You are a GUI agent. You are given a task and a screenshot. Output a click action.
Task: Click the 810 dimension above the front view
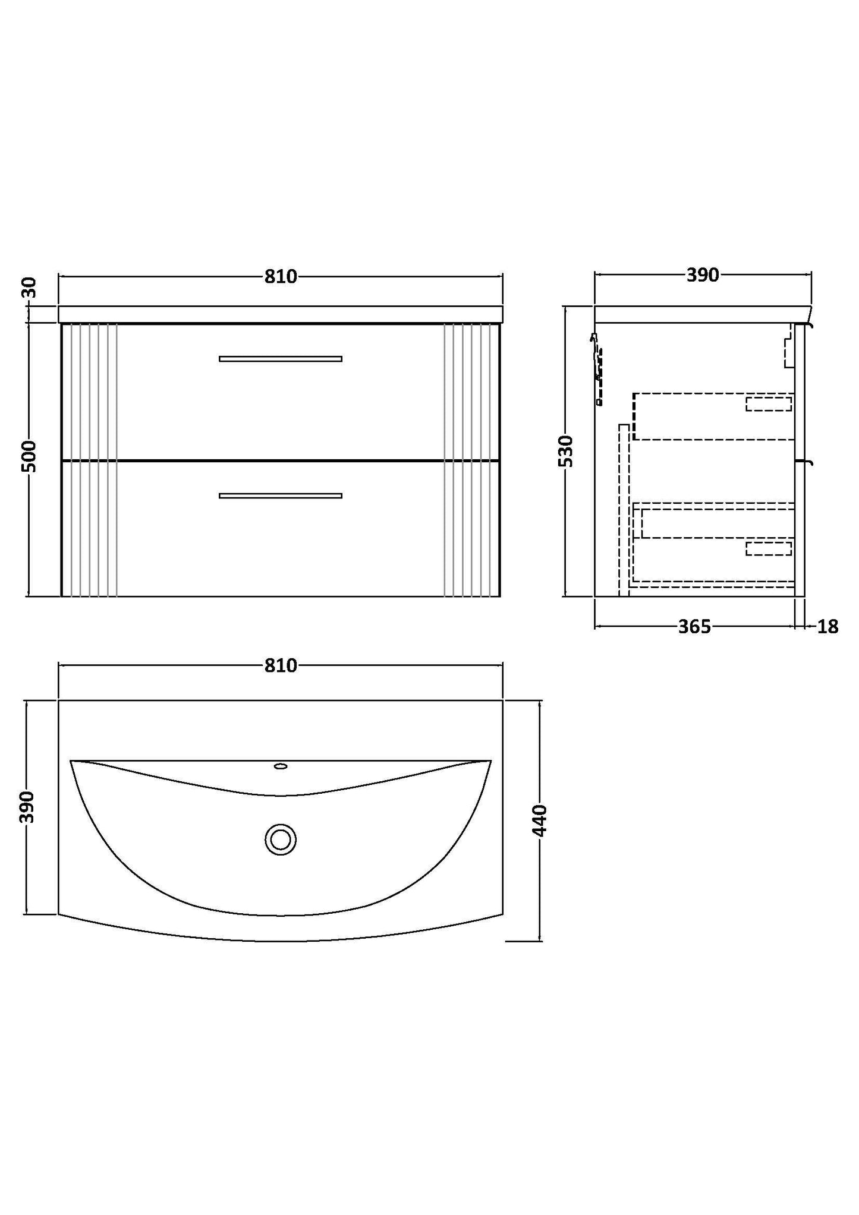coord(280,277)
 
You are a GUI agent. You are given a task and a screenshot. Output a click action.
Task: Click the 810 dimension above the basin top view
coord(280,666)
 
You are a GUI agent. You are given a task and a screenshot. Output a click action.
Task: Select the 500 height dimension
coord(30,456)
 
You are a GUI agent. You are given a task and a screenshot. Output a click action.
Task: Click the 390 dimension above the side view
coord(703,276)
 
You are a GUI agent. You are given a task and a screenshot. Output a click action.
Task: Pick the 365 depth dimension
coord(694,627)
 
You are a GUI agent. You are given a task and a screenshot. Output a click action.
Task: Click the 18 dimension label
coord(827,627)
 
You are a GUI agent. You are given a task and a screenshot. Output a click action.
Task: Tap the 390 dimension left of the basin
coord(27,807)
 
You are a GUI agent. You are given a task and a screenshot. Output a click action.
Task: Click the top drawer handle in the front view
coord(280,359)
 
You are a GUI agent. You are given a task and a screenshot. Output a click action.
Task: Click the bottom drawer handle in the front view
coord(280,496)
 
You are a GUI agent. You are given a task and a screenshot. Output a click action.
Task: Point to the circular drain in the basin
coord(280,840)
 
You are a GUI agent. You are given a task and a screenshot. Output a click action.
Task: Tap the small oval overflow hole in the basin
coord(280,766)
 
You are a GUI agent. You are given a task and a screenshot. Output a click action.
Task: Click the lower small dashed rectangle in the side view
coord(769,548)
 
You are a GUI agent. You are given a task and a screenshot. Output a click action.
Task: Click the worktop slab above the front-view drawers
coord(280,314)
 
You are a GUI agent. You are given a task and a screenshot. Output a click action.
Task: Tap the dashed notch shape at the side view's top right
coord(789,351)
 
